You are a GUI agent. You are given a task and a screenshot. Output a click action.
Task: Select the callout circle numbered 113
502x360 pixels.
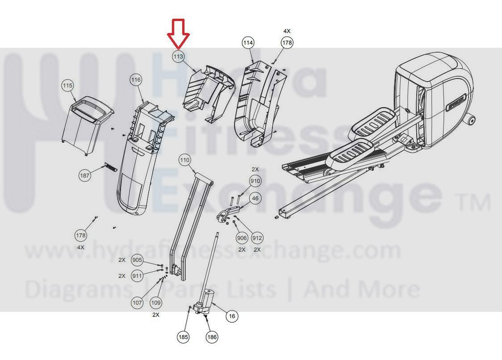click(x=178, y=56)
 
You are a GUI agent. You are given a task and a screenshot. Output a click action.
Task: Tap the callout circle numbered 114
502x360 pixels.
click(x=248, y=42)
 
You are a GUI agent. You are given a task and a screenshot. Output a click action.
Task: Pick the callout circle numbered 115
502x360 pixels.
click(x=67, y=85)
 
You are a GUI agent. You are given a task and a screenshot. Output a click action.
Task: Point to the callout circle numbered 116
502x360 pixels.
click(x=136, y=80)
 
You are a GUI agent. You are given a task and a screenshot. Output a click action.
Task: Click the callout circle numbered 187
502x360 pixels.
click(x=85, y=176)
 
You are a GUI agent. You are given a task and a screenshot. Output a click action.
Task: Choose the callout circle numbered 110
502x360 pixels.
click(x=185, y=160)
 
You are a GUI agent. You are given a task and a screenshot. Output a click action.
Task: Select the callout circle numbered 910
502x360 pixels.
click(x=255, y=181)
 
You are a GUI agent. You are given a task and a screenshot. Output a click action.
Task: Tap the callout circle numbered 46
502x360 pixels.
click(x=255, y=198)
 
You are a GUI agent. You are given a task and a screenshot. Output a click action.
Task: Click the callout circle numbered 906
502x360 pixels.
click(x=242, y=238)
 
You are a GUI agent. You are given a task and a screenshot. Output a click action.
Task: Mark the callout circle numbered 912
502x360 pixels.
click(x=257, y=238)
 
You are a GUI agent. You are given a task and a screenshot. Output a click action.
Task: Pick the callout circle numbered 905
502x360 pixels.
click(x=137, y=260)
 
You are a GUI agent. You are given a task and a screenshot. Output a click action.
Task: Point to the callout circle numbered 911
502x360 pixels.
click(x=137, y=276)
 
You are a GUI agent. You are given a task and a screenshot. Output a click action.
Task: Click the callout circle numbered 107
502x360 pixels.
click(x=137, y=302)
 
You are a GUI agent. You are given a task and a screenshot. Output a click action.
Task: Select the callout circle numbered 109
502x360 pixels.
click(x=156, y=302)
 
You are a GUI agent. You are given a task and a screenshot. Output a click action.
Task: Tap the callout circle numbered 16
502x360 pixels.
click(x=232, y=316)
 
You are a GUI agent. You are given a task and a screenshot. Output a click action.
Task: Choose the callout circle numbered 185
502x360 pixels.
click(x=183, y=337)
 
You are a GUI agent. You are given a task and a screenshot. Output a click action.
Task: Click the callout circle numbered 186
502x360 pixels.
click(x=212, y=337)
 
